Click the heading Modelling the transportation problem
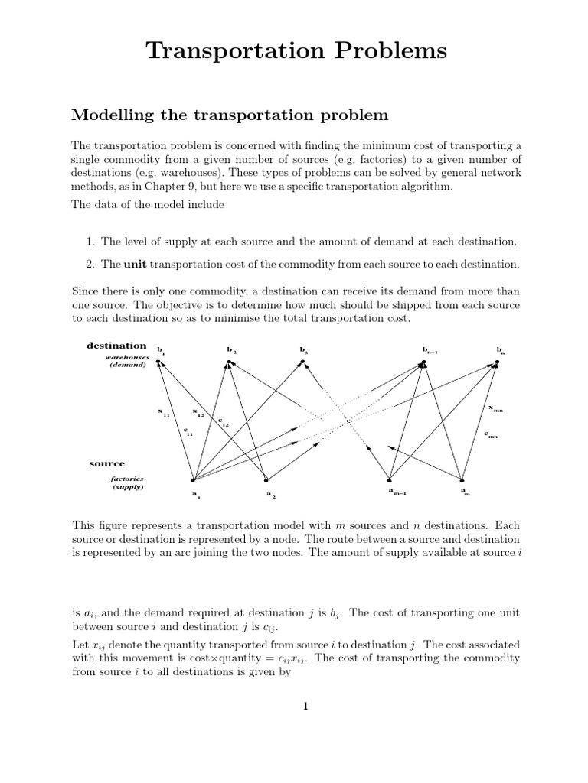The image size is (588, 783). (x=230, y=115)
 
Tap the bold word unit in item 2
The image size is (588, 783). (x=135, y=264)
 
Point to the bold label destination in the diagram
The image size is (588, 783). (x=116, y=346)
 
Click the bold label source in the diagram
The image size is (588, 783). (x=106, y=463)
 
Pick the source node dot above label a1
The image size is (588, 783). (x=192, y=481)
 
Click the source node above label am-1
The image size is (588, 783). (x=390, y=479)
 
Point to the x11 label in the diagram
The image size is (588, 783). (x=163, y=412)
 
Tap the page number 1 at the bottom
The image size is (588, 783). (x=305, y=706)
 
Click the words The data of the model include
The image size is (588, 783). (x=140, y=203)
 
